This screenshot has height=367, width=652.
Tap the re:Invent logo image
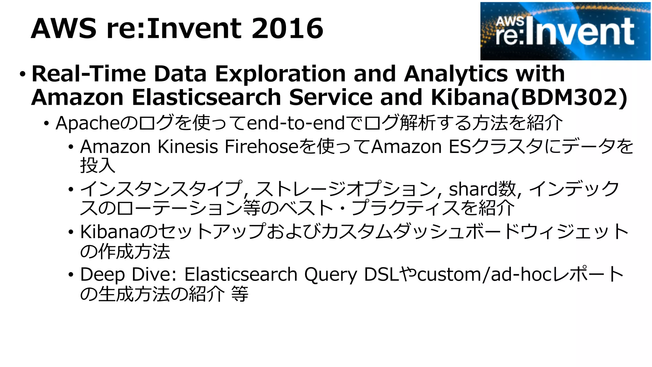(x=565, y=31)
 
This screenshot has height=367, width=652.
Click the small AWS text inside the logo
(x=510, y=22)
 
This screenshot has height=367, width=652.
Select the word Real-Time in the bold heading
(x=89, y=74)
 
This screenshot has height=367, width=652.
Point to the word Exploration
(x=280, y=74)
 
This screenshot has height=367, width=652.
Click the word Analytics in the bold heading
(x=456, y=74)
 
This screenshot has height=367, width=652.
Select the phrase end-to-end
(x=296, y=123)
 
